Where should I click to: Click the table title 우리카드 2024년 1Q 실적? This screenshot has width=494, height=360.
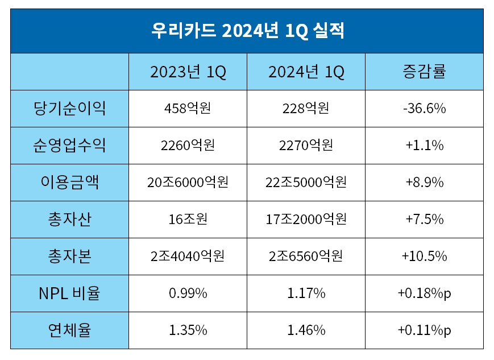tap(247, 30)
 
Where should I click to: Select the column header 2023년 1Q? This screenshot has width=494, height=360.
tap(188, 72)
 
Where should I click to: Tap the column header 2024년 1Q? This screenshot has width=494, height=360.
tap(306, 72)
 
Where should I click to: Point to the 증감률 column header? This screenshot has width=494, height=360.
tap(424, 72)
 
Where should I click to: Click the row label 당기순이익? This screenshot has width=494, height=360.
tap(69, 108)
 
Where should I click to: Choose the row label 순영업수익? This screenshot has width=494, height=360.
tap(69, 145)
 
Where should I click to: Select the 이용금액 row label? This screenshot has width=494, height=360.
tap(69, 182)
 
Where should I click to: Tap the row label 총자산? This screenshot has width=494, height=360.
tap(69, 219)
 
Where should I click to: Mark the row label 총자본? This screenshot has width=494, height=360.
tap(69, 256)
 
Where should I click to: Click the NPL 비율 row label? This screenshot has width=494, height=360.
tap(69, 293)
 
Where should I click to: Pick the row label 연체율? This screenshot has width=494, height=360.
tap(69, 330)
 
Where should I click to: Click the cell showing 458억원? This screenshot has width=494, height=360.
tap(188, 108)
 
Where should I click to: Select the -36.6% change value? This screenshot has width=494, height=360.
tap(424, 108)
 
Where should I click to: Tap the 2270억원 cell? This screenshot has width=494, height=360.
tap(306, 145)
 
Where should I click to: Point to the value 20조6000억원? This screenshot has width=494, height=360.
tap(188, 182)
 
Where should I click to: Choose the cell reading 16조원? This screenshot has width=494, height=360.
tap(188, 219)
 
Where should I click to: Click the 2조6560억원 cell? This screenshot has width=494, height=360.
tap(306, 256)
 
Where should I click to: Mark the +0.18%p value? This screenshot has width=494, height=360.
tap(424, 293)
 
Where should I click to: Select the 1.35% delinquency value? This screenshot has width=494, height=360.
tap(188, 330)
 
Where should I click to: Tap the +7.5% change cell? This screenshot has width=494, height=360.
tap(424, 219)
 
